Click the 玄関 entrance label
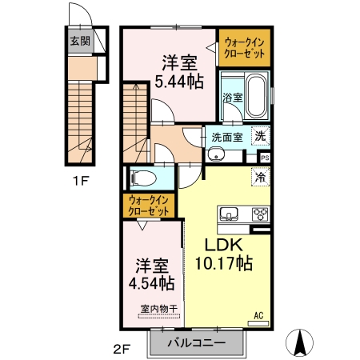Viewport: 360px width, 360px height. coord(80,41)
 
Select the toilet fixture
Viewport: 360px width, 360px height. coord(143,178)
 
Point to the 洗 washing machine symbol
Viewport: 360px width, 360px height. coord(261,136)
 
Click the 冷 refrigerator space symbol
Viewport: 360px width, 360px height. coord(261,177)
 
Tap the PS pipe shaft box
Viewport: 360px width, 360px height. coord(265,158)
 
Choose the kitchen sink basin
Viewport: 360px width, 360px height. coord(229,214)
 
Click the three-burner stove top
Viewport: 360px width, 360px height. coord(260,214)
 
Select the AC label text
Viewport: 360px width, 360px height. coord(258,316)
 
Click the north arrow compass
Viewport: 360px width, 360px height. coord(299,342)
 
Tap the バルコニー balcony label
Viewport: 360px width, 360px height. coord(197,342)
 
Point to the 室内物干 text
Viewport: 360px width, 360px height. coord(159,309)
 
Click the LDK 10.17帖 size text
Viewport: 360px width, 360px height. coord(224,254)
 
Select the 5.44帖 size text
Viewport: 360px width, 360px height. coord(179,82)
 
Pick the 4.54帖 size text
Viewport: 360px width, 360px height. coord(152,283)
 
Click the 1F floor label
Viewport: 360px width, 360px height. coord(80,182)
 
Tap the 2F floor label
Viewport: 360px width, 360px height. coord(122,350)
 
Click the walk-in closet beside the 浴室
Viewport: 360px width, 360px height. coord(245,48)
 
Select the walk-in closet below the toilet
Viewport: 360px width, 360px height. coord(149,206)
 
